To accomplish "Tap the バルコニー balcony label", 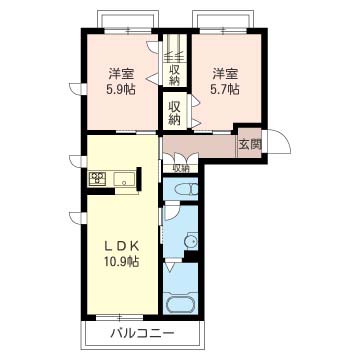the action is (x=142, y=333).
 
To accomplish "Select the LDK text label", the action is (x=121, y=247).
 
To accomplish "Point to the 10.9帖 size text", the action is (x=121, y=261).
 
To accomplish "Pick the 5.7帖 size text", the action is (x=226, y=89).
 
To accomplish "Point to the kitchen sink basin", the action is (x=125, y=178).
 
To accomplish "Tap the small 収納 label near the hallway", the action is (x=180, y=169).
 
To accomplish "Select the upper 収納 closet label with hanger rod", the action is (x=173, y=75).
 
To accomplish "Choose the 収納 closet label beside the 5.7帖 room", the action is (x=173, y=112).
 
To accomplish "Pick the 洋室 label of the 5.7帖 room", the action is (x=226, y=74).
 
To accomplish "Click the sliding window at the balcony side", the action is (x=119, y=317).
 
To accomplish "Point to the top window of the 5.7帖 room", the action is (x=223, y=31).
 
